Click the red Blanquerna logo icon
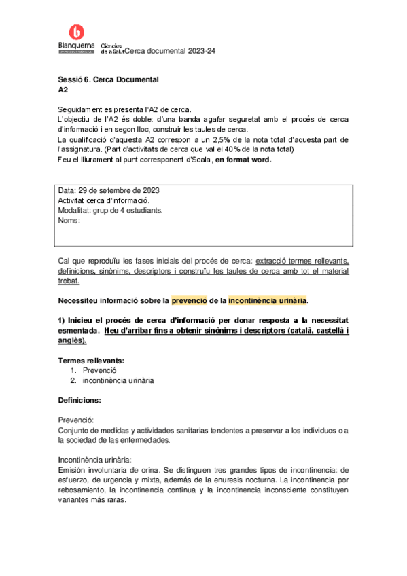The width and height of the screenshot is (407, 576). tap(77, 31)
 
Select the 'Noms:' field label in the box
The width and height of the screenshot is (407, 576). tap(69, 220)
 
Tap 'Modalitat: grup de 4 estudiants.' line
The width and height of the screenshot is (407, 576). tap(111, 210)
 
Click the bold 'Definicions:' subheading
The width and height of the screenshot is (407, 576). tap(79, 401)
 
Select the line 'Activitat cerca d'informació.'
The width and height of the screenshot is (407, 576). tap(104, 200)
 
